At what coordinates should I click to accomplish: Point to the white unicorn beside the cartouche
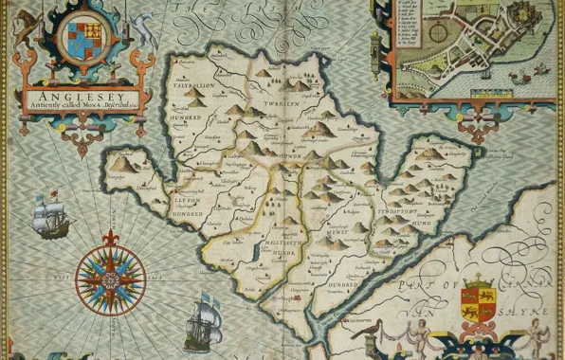tap(143, 28)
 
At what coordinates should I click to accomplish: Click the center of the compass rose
tap(110, 278)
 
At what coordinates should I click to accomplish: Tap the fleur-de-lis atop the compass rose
tap(110, 236)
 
